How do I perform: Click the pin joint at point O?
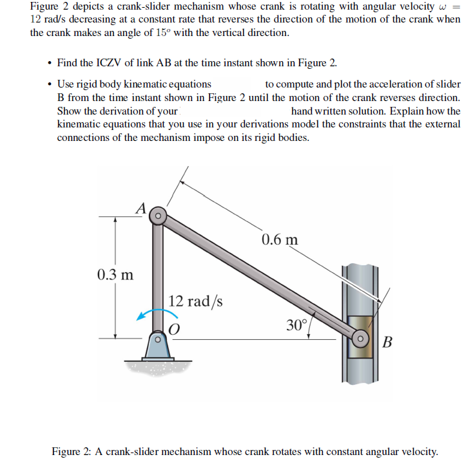pyautogui.click(x=155, y=337)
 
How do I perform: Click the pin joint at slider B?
pyautogui.click(x=361, y=337)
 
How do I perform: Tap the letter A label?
pyautogui.click(x=141, y=207)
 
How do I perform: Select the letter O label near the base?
pyautogui.click(x=173, y=328)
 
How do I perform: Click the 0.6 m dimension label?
pyautogui.click(x=280, y=240)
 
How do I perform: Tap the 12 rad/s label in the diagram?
pyautogui.click(x=196, y=301)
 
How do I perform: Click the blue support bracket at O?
pyautogui.click(x=155, y=348)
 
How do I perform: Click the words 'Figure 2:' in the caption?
pyautogui.click(x=73, y=451)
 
